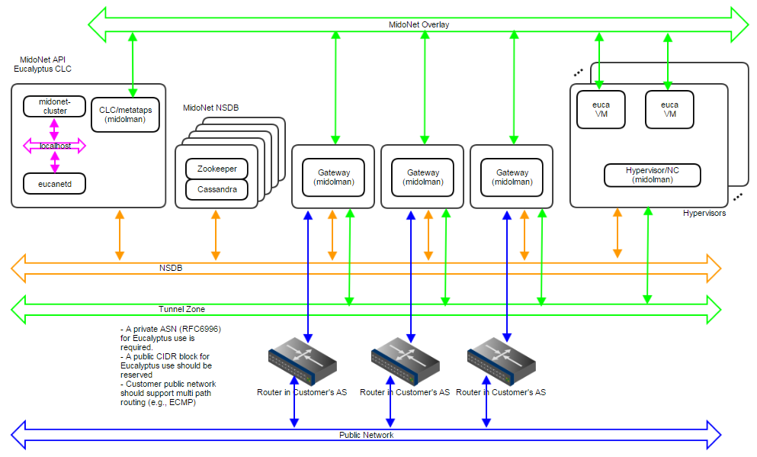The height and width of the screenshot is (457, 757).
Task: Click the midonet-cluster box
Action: [53, 106]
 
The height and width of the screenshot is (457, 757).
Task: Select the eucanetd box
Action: [53, 183]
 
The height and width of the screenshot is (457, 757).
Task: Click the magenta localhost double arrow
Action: [54, 145]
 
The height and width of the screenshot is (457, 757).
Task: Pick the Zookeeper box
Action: [217, 169]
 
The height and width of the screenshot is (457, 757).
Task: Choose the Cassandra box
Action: [217, 189]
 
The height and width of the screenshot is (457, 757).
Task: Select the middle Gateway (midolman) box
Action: [422, 177]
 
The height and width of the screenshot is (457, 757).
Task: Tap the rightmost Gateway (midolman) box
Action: [512, 177]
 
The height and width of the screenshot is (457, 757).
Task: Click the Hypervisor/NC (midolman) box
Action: [652, 175]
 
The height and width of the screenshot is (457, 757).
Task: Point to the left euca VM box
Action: [601, 109]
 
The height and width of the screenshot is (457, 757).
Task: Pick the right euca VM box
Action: [669, 109]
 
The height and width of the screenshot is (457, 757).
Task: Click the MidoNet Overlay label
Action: [419, 24]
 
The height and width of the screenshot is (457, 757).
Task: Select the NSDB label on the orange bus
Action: [171, 269]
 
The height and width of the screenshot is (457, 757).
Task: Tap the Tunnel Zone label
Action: [181, 309]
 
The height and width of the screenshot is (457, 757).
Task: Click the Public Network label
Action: [366, 435]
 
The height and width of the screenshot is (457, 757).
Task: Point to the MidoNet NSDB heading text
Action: [210, 108]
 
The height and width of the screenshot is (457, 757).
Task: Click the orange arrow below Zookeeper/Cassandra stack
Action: [216, 234]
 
